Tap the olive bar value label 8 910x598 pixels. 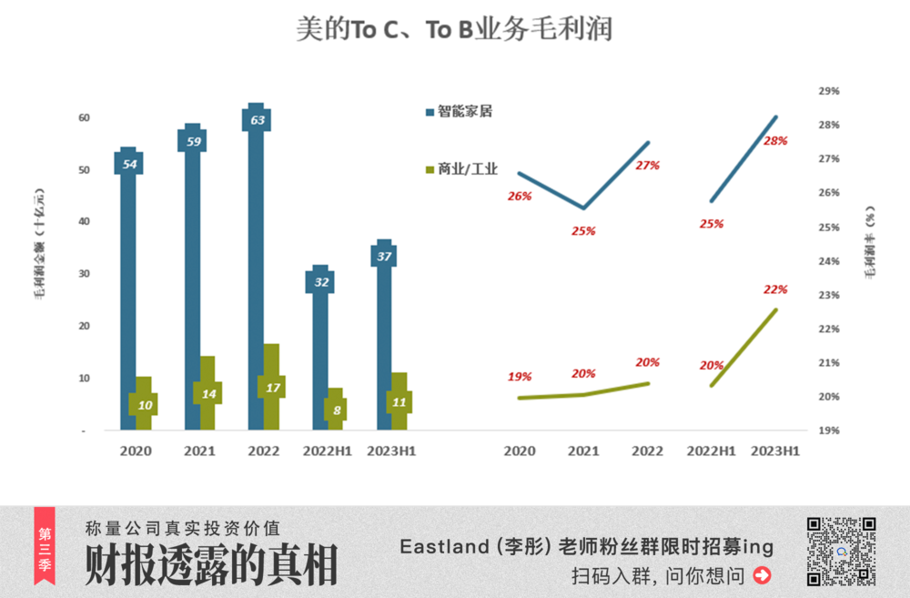point(336,410)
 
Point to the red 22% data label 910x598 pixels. point(775,289)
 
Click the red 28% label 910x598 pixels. point(775,141)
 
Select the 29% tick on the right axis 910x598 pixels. point(828,91)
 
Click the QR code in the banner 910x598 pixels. point(841,551)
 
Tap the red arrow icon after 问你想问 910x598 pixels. point(763,575)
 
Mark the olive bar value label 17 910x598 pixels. point(271,387)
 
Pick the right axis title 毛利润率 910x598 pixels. point(871,246)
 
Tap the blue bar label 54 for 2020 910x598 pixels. point(128,164)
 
